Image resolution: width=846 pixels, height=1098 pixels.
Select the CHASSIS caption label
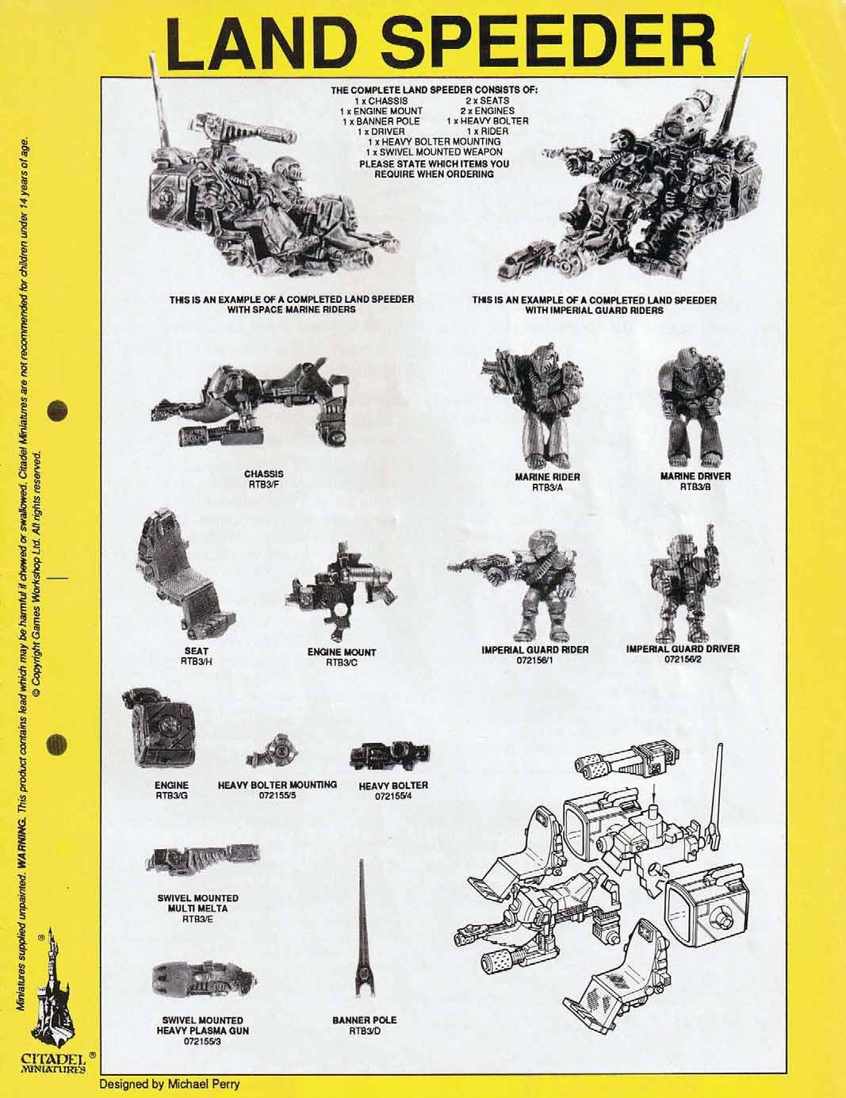pyautogui.click(x=264, y=475)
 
